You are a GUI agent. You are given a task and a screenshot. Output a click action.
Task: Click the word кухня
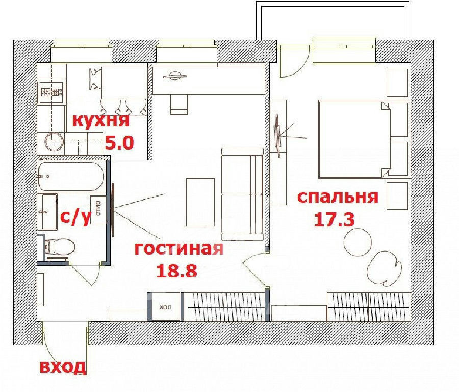click(x=100, y=120)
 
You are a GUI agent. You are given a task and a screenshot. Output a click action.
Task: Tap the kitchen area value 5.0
click(x=119, y=143)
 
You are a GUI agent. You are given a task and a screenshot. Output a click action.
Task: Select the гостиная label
click(x=179, y=249)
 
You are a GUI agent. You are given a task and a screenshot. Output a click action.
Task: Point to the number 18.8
click(x=176, y=271)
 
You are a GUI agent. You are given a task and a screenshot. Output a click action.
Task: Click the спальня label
click(x=338, y=198)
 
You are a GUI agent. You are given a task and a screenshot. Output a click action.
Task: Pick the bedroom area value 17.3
click(x=334, y=219)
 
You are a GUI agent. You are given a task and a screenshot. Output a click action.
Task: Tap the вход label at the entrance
click(x=63, y=367)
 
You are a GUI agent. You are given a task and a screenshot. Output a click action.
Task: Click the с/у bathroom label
click(x=75, y=217)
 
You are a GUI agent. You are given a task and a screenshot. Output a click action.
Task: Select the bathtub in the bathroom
click(x=71, y=177)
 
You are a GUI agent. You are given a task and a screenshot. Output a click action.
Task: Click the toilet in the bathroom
click(x=60, y=247)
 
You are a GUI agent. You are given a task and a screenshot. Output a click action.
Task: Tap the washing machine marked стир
click(x=98, y=210)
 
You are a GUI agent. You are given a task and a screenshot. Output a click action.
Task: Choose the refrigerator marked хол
click(x=165, y=307)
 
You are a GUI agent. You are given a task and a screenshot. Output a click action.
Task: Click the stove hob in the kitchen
click(x=52, y=92)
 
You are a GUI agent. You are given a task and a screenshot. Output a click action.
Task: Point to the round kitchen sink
click(x=54, y=142)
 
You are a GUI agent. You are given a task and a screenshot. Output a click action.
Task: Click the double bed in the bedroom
click(x=355, y=139)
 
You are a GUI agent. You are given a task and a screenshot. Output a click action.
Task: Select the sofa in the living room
click(x=242, y=194)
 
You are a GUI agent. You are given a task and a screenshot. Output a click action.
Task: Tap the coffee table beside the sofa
click(x=200, y=202)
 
